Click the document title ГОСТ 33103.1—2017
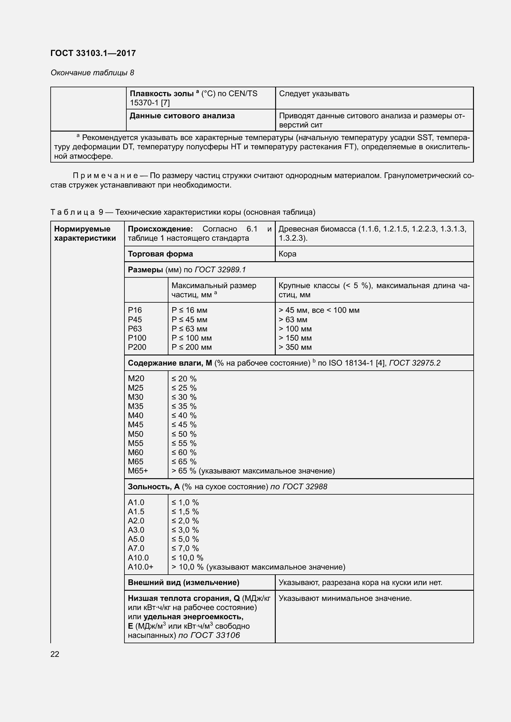coord(93,53)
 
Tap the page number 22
coord(55,654)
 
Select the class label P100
coord(137,338)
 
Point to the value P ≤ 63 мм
coord(189,329)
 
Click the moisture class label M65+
coord(138,471)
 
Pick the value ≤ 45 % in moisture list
coord(184,425)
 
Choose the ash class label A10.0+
coord(140,567)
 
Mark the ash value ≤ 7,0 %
coord(185,548)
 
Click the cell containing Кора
coord(287,254)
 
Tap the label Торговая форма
coord(160,254)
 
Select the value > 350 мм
coord(295,347)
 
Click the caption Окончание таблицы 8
coord(92,73)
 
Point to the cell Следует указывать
coord(314,94)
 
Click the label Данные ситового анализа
coord(182,116)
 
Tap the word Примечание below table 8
coord(105,176)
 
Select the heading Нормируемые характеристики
coord(85,233)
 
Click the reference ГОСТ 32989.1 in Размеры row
coord(220,270)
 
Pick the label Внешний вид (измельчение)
coord(183,583)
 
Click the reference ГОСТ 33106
coord(215,635)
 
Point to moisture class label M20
coord(136,379)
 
